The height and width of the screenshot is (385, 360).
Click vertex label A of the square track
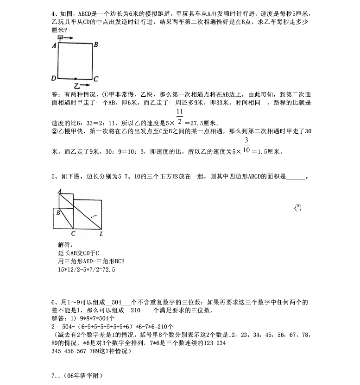pyautogui.click(x=54, y=45)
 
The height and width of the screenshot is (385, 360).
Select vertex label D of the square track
pyautogui.click(x=54, y=79)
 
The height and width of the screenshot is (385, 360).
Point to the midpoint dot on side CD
pyautogui.click(x=75, y=79)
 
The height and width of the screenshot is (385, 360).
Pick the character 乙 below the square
pyautogui.click(x=77, y=86)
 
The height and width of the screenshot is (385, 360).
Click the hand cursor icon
pyautogui.click(x=297, y=208)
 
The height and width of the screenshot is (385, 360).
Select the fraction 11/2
pyautogui.click(x=180, y=116)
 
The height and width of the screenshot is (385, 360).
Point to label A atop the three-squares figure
pyautogui.click(x=59, y=191)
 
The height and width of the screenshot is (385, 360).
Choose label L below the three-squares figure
pyautogui.click(x=101, y=234)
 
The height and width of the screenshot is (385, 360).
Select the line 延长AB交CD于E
pyautogui.click(x=79, y=253)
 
